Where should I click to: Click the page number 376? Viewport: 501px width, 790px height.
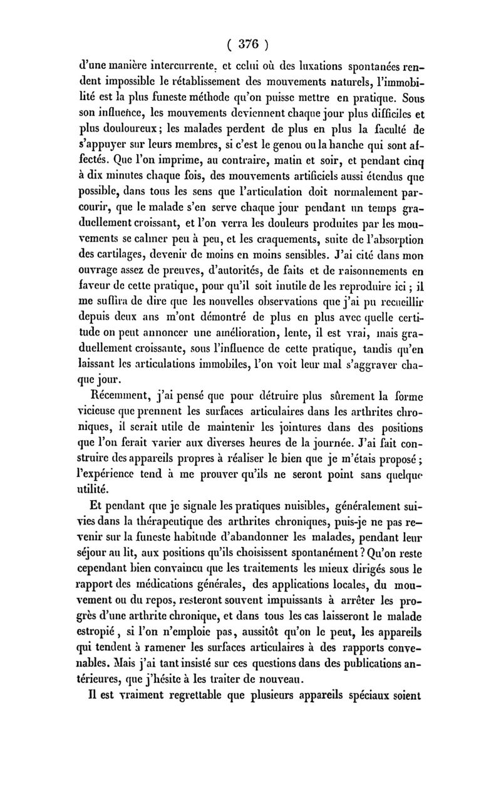250,44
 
